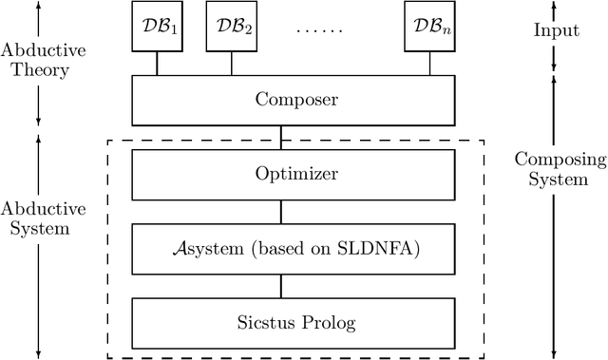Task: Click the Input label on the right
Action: click(x=556, y=29)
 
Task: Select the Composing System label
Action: click(x=556, y=168)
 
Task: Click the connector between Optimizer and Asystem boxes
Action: click(x=279, y=212)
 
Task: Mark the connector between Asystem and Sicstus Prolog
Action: click(x=279, y=286)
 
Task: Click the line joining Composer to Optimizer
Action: click(x=279, y=136)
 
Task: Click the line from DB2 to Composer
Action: click(x=231, y=64)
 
